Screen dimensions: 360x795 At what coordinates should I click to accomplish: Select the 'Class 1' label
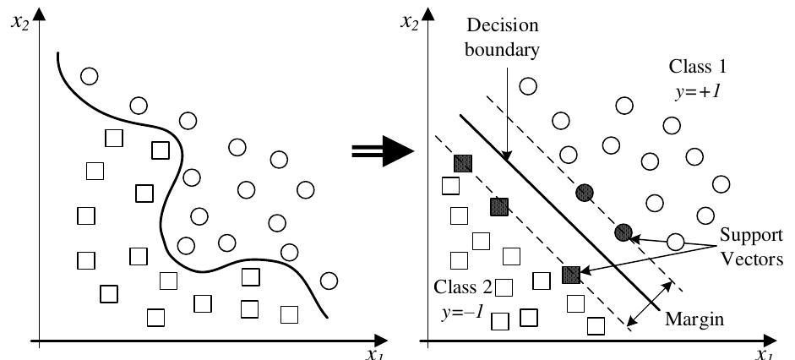coord(698,66)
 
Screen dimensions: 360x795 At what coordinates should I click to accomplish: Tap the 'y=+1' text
coord(698,88)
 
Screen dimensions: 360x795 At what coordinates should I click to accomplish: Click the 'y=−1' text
coord(462,311)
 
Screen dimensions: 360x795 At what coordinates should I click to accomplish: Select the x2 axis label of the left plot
coord(19,19)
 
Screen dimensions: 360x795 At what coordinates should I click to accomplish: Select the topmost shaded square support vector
coord(462,163)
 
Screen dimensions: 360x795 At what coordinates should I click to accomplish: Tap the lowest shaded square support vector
coord(571,275)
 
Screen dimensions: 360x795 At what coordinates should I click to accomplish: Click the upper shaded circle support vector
coord(583,193)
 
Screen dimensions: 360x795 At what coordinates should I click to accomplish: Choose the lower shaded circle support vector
coord(623,232)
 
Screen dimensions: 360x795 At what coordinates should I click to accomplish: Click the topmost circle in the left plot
coord(89,76)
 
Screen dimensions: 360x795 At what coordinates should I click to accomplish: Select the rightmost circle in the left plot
coord(329,281)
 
